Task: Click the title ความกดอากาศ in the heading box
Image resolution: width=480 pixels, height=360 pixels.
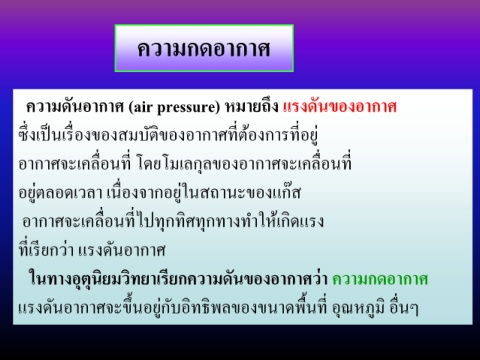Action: [204, 49]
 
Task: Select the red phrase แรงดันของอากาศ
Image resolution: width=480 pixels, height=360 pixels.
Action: [340, 107]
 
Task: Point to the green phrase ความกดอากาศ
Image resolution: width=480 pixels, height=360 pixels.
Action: [380, 279]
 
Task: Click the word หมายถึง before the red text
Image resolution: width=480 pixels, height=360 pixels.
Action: [252, 107]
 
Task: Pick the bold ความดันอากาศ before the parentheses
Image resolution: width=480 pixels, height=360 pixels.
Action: [75, 107]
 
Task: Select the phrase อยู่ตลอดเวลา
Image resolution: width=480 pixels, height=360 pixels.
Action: [60, 193]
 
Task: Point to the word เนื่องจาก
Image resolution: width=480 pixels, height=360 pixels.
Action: [133, 193]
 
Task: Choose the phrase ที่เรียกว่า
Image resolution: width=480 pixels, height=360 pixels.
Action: [46, 250]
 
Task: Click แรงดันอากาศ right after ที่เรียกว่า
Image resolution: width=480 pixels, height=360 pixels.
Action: [122, 250]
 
